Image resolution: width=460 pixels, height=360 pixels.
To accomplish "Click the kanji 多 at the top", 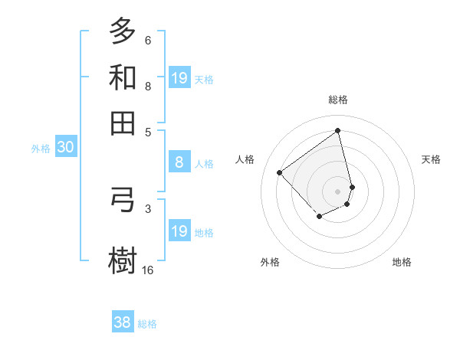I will (123, 32).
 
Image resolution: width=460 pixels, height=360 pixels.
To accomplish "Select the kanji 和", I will (123, 78).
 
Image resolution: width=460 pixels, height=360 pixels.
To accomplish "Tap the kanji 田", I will (123, 123).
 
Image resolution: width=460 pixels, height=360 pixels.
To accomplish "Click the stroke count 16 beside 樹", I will (148, 270).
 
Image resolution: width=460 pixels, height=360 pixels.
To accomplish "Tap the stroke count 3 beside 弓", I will (148, 208).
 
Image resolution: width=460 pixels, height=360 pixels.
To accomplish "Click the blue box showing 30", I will (65, 148).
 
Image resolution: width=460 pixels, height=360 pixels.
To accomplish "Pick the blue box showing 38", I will (123, 322).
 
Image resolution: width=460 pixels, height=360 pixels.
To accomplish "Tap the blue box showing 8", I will (179, 162).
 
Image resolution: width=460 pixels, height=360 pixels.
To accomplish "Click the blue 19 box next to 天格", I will (179, 78).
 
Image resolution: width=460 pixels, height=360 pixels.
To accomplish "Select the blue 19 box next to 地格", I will (179, 231).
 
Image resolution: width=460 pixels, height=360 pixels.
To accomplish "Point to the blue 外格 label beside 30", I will (41, 149).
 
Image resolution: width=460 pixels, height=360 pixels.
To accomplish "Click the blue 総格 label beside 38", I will (147, 324).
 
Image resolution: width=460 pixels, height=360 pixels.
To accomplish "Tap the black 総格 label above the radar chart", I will (337, 100).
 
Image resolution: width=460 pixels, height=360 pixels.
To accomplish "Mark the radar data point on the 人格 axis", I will (280, 173).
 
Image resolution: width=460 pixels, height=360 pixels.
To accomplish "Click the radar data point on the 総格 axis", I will (337, 131).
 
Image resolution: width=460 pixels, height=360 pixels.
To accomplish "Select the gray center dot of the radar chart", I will (337, 191).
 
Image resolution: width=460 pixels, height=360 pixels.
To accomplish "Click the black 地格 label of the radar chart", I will (402, 263).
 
